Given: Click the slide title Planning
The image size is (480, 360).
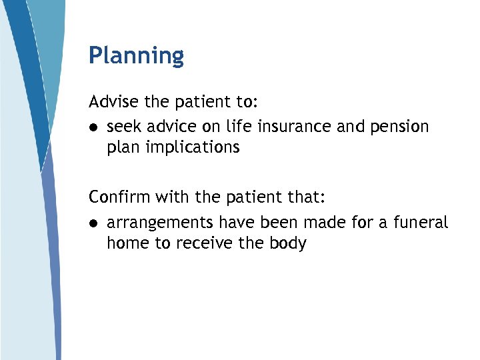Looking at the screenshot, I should click(x=136, y=55).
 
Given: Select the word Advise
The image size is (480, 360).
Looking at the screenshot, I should click(x=114, y=102).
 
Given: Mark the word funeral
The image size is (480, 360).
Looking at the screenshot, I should click(x=421, y=221).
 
